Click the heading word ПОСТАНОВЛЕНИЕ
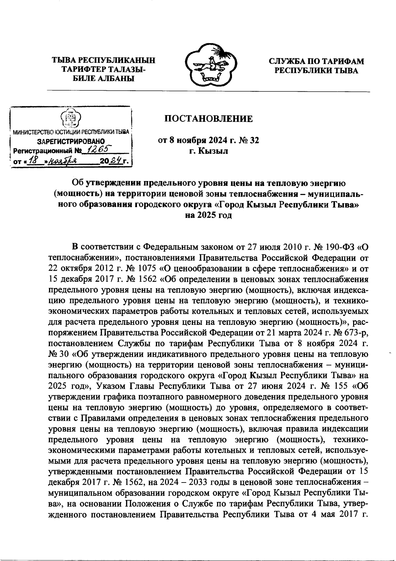(x=209, y=119)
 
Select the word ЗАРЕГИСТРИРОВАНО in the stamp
(x=71, y=141)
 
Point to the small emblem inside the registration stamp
(x=71, y=118)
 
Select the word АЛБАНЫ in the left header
(x=114, y=78)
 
